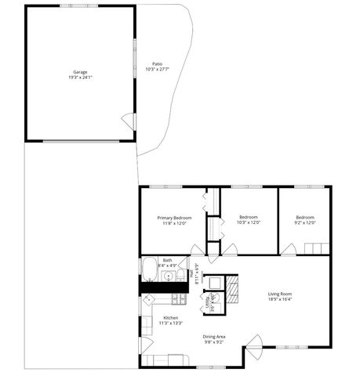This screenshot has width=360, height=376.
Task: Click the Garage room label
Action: click(80, 72)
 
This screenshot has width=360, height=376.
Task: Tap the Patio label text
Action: click(157, 63)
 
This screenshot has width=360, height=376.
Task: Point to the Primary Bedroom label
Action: click(174, 217)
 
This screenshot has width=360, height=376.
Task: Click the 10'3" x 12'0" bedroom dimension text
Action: click(249, 222)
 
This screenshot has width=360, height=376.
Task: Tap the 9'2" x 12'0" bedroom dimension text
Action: click(305, 222)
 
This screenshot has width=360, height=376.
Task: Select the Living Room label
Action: click(280, 294)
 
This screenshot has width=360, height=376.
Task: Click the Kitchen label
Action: click(170, 317)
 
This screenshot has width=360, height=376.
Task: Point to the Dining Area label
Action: click(214, 336)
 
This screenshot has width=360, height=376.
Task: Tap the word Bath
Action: click(167, 261)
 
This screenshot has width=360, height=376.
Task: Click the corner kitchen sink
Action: click(147, 301)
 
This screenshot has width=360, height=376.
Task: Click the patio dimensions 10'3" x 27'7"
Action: click(157, 70)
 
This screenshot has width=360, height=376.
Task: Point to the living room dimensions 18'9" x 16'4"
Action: click(280, 299)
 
